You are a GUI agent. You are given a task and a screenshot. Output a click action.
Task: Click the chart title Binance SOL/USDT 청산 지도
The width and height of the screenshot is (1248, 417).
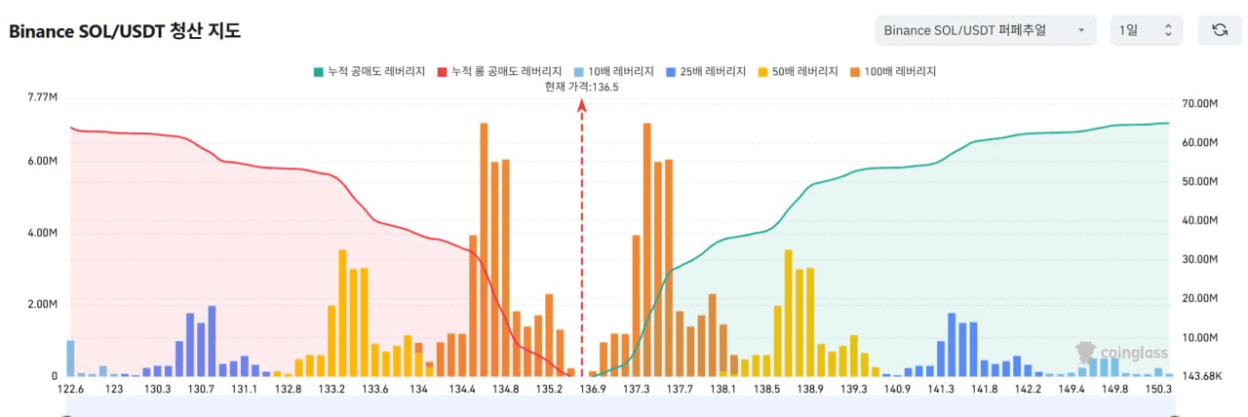click(125, 31)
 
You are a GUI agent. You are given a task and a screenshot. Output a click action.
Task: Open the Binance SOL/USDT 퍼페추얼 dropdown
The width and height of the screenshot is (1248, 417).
click(986, 30)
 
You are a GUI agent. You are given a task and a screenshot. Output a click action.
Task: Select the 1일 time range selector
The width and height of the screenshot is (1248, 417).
click(1146, 30)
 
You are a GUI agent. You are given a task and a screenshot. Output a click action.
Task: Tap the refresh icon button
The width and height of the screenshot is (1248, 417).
click(1219, 30)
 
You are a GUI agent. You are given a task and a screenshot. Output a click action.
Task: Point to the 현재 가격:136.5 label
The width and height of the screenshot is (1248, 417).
click(583, 87)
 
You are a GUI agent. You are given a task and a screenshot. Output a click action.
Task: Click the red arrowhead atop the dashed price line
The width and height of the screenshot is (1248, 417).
click(582, 109)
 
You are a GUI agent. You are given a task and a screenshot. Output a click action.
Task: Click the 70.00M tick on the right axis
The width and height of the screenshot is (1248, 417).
click(1199, 103)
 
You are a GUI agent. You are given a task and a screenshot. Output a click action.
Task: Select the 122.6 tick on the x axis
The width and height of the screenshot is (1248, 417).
click(70, 389)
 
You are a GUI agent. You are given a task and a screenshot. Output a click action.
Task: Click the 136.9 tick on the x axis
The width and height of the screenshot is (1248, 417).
click(593, 389)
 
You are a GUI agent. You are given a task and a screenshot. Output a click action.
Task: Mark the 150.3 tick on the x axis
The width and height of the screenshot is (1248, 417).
click(1158, 389)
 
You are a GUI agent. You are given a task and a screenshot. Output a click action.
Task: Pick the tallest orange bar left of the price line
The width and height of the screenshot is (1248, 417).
click(484, 249)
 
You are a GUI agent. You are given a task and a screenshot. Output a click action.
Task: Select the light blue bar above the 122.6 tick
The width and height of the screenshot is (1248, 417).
click(70, 358)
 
